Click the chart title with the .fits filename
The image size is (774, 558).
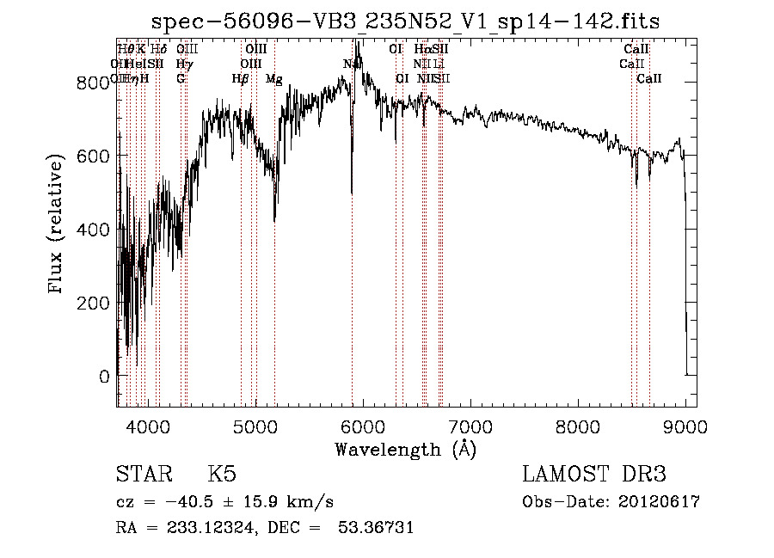tap(406, 22)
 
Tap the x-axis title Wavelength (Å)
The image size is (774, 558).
tap(405, 449)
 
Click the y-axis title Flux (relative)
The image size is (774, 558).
tap(58, 225)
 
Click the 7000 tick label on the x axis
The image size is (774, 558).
tap(470, 426)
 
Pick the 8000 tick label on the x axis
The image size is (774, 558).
tap(578, 426)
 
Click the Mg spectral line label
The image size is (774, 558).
tap(274, 79)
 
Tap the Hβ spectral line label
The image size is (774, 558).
tap(241, 79)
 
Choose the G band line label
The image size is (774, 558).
tap(181, 79)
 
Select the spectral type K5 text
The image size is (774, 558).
tap(222, 475)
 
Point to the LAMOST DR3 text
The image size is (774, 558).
tap(594, 475)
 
